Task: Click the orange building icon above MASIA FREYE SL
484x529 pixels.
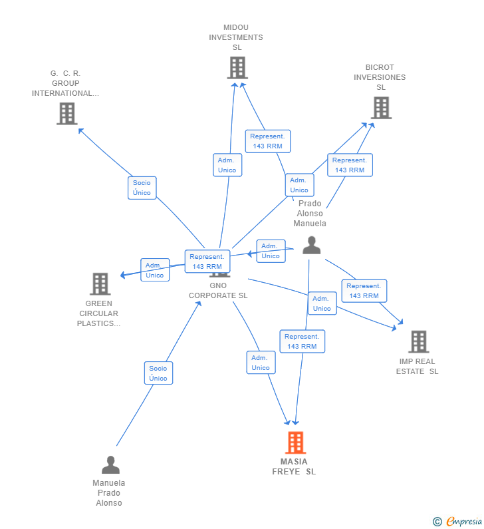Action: point(296,442)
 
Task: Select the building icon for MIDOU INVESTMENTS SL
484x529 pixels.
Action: point(237,67)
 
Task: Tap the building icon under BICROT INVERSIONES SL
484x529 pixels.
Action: point(381,108)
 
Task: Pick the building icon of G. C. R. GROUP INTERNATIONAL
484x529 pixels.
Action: point(66,113)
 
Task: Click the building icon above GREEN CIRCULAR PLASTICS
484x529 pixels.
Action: point(100,283)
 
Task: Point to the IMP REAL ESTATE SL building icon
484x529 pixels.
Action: point(419,341)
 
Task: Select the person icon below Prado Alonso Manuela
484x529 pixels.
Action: point(311,246)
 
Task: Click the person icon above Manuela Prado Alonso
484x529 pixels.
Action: point(110,465)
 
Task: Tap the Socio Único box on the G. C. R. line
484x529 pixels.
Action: point(142,188)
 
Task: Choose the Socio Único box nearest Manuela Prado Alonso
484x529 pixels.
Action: point(158,373)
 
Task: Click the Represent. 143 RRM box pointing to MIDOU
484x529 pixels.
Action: point(268,141)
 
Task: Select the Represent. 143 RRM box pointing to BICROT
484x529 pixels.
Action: point(350,165)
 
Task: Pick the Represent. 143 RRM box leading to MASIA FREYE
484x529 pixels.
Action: point(302,341)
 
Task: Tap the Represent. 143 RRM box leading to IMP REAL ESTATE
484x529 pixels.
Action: point(364,291)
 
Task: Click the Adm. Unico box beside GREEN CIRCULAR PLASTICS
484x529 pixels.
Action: point(155,270)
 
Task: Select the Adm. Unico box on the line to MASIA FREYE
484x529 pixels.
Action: point(261,363)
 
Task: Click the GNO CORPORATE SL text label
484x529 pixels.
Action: point(218,291)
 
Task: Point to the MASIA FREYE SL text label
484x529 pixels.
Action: point(294,466)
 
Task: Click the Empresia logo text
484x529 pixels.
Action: point(464,522)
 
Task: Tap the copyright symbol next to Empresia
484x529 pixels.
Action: point(437,522)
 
